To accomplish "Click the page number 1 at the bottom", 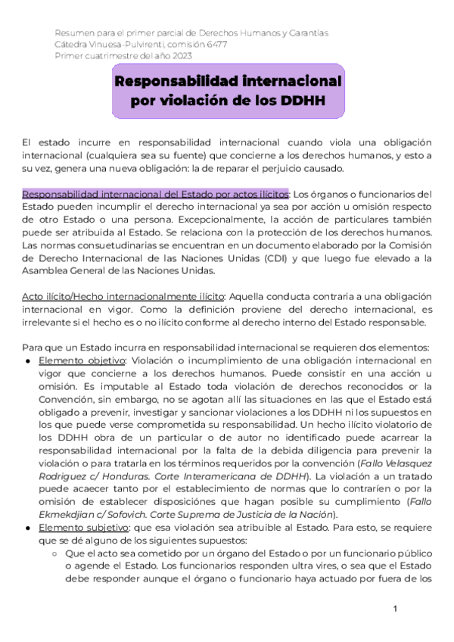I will click(x=395, y=609).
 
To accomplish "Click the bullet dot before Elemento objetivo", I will click(x=27, y=360).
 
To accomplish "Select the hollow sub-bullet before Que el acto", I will click(x=57, y=553).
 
